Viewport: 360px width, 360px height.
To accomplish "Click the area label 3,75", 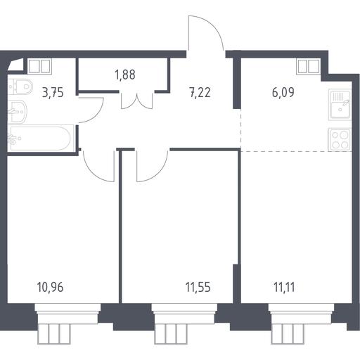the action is click(53, 93).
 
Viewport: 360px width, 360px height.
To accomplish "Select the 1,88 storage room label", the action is click(125, 75).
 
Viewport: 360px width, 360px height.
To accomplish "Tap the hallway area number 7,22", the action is click(200, 93).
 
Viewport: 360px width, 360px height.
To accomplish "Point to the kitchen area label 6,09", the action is click(283, 92).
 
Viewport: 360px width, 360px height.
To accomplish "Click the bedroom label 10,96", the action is click(50, 288).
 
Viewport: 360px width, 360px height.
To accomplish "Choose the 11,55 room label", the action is click(198, 288).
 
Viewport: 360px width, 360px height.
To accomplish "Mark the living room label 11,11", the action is click(284, 288).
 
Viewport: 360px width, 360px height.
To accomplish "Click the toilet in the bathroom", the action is click(20, 87).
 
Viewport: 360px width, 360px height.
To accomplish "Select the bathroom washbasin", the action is click(18, 112).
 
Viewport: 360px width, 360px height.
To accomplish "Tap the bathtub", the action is click(41, 139).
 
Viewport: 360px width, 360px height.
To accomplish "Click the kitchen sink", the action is click(340, 105).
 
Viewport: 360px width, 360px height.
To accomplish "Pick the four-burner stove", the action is click(340, 139).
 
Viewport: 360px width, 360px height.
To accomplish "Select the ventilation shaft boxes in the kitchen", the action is click(308, 66).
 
